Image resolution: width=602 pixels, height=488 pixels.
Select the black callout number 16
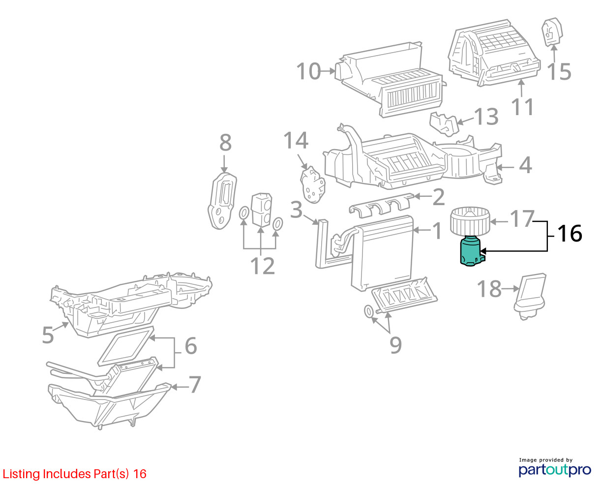[570, 234]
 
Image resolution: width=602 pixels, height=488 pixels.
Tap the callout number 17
[521, 219]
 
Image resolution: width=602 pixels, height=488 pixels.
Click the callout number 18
[490, 289]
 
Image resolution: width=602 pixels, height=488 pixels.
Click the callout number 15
[559, 72]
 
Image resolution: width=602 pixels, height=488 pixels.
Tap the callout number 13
[486, 117]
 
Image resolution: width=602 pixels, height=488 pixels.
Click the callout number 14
[296, 141]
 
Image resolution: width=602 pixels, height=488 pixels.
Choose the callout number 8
[225, 143]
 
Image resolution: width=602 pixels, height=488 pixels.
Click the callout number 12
[262, 266]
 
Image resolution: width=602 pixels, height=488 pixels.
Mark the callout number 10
[308, 72]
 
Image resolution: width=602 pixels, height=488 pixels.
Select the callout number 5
[48, 335]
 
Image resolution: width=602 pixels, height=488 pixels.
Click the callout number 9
[395, 345]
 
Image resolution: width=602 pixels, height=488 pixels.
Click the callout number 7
[195, 385]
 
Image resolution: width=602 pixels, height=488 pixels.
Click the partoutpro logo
[555, 469]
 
